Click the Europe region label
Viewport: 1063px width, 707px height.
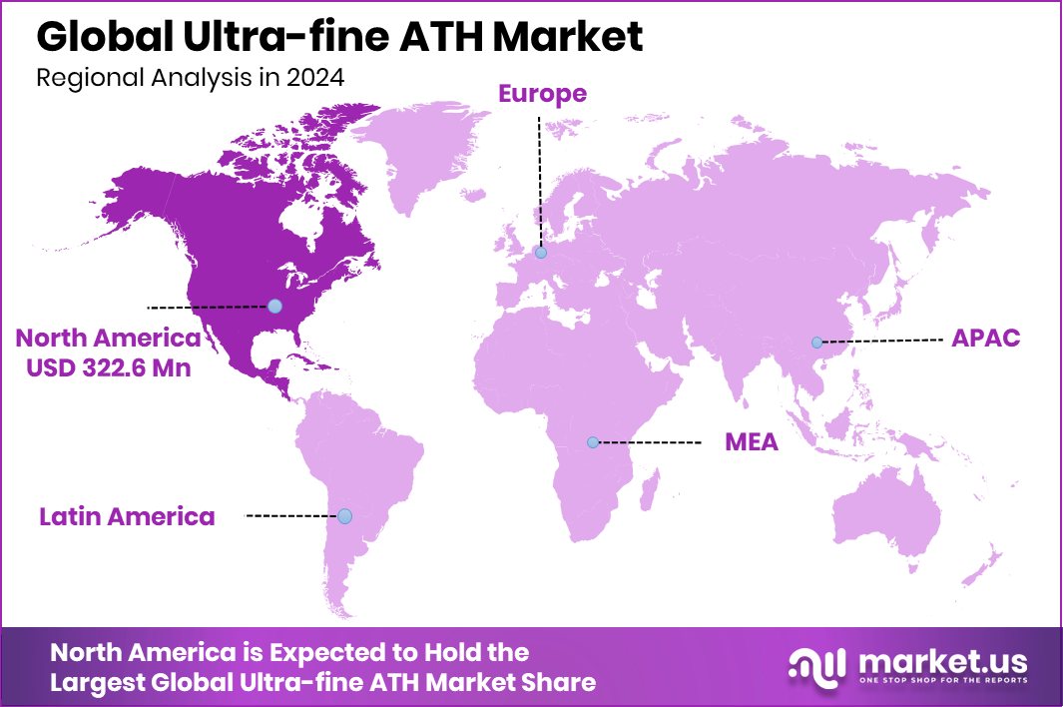(x=542, y=94)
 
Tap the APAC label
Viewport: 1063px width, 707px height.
(x=985, y=338)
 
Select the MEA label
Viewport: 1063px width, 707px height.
(x=751, y=441)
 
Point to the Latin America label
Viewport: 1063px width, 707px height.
(x=127, y=516)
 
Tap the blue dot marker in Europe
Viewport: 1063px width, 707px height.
(x=540, y=254)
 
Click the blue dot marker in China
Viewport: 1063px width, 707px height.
(x=816, y=343)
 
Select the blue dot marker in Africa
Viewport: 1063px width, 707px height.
(x=593, y=441)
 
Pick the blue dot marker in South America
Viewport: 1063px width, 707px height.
(x=344, y=516)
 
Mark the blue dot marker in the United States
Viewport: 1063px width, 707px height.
(x=274, y=306)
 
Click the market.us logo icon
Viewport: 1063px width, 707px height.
(x=815, y=666)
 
